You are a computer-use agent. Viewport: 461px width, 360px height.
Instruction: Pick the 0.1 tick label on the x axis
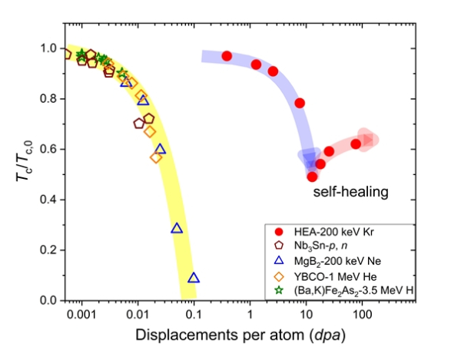point(194,315)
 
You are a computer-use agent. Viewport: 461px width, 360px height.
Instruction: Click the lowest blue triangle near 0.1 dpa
point(193,278)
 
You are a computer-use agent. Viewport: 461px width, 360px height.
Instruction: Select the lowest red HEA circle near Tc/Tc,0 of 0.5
point(312,177)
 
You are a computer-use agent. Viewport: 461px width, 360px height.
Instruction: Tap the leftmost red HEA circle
point(227,56)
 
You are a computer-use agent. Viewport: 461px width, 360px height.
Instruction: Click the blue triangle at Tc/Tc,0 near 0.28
point(177,228)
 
